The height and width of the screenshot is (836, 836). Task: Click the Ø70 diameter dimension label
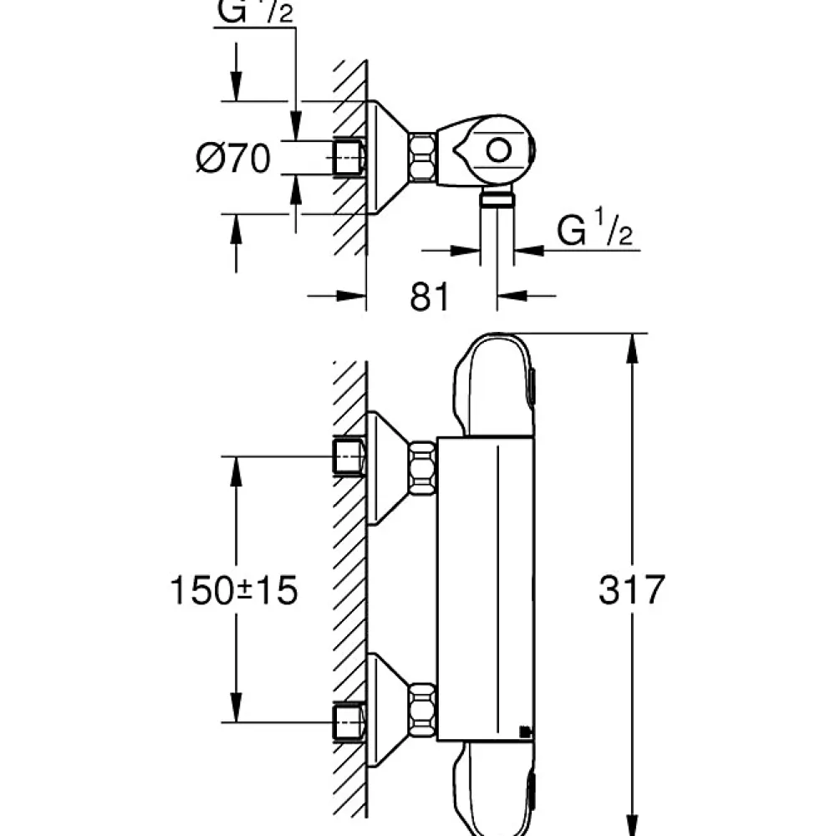click(x=233, y=158)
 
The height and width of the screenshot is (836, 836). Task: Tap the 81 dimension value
click(x=430, y=297)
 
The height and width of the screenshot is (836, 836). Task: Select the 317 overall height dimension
click(x=632, y=589)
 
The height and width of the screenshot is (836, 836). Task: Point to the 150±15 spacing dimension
click(x=233, y=590)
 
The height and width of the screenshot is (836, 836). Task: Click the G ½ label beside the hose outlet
click(x=594, y=227)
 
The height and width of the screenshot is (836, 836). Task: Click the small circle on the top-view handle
click(x=498, y=150)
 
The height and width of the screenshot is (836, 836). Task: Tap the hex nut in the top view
click(x=422, y=157)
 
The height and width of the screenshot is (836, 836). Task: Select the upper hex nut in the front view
click(x=422, y=468)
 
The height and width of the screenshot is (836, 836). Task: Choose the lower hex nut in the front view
click(x=422, y=709)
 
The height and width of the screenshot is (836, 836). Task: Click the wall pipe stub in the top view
click(x=349, y=158)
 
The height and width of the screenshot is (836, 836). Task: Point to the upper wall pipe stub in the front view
click(x=349, y=456)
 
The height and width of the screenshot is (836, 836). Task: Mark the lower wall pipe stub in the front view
click(x=349, y=722)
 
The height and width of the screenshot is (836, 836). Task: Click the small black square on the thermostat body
click(x=525, y=732)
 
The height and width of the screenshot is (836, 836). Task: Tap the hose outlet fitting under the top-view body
click(x=497, y=200)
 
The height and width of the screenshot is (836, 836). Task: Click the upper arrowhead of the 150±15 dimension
click(x=236, y=472)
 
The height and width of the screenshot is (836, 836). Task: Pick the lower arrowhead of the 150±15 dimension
click(x=236, y=707)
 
